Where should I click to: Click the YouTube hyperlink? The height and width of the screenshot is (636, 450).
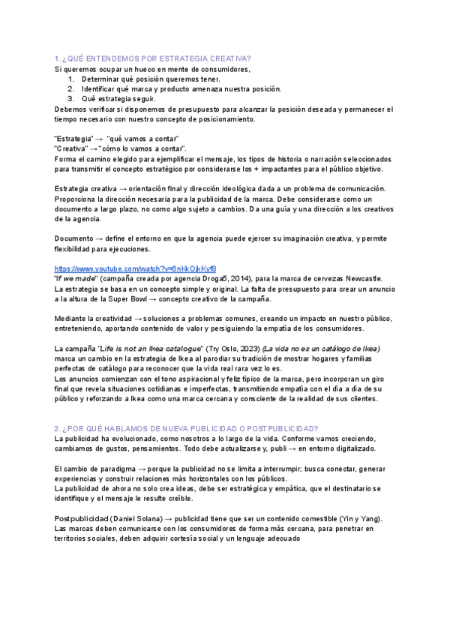click(x=136, y=268)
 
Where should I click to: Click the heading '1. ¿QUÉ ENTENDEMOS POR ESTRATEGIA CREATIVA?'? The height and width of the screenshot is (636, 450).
click(x=152, y=58)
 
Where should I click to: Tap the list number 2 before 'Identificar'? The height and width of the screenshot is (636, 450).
click(x=70, y=88)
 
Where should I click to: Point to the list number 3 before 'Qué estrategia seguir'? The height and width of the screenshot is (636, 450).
click(x=70, y=98)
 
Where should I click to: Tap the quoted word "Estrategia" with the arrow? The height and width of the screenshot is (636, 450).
click(x=73, y=139)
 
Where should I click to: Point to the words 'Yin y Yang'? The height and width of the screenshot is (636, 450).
click(x=362, y=519)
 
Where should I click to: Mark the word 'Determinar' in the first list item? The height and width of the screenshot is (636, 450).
click(x=102, y=79)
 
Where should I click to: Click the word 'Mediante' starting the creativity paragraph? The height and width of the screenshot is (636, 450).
click(x=73, y=319)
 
